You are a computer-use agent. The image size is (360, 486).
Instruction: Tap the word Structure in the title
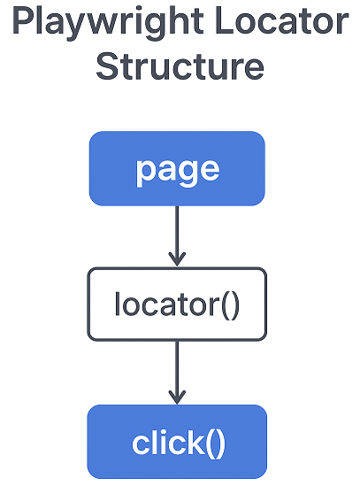coord(179,66)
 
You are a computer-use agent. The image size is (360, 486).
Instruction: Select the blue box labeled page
coord(177,168)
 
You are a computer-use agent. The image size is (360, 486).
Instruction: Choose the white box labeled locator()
coord(177,305)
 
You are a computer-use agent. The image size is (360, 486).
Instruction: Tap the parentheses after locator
coord(229,305)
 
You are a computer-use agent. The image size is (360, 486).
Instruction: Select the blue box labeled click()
coord(177,441)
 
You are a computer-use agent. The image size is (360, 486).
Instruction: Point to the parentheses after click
coord(214,442)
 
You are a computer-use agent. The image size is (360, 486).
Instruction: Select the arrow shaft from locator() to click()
coord(177,367)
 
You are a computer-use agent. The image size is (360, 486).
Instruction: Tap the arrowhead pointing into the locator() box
coord(177,258)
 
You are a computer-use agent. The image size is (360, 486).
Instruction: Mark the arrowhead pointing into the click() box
coord(177,396)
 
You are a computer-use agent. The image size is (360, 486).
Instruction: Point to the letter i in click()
coord(160,441)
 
